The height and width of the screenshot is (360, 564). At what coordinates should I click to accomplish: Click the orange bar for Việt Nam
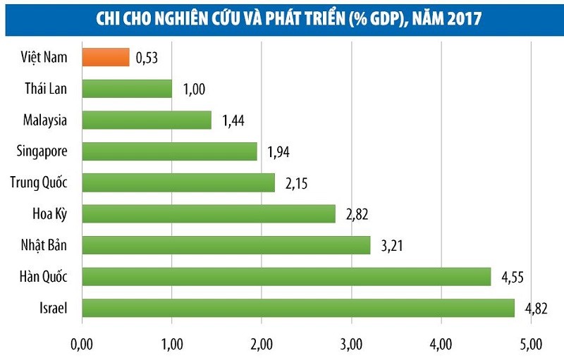pos(106,57)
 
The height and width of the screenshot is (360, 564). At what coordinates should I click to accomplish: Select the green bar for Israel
pos(298,308)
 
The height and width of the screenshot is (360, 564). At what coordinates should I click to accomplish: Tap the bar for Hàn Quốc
pos(286,276)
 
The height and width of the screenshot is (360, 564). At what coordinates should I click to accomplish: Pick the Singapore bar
pos(169,151)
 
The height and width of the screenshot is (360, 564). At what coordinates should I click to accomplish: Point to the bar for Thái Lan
pos(127,88)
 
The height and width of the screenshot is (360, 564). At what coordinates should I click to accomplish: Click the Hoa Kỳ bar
pos(209,213)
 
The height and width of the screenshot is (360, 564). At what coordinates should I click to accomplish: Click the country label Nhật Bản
pos(44,245)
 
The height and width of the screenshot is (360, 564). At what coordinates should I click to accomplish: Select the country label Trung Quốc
pos(39,182)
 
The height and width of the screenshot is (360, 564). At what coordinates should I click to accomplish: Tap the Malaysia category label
pos(44,120)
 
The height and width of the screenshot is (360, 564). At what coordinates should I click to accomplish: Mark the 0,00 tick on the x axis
pos(82,343)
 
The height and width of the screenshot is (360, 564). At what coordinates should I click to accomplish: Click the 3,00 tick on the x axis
pos(351,343)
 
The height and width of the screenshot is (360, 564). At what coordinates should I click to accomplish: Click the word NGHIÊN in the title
pos(174,17)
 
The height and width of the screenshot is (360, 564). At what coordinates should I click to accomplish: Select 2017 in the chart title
pos(462,17)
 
